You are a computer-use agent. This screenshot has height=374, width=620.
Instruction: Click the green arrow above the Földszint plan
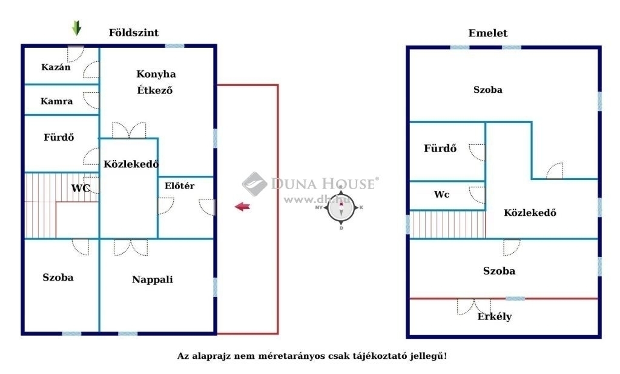click(77, 28)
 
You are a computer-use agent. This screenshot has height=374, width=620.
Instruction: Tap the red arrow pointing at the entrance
click(242, 206)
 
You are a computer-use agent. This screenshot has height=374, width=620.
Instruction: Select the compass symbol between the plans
click(341, 207)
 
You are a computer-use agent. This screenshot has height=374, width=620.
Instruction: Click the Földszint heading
click(134, 33)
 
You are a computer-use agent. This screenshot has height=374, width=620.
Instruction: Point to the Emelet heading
click(487, 33)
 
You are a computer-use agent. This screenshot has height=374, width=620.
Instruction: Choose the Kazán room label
click(56, 67)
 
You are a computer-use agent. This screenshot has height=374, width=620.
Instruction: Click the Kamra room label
click(56, 101)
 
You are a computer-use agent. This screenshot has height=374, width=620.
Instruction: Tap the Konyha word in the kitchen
click(156, 74)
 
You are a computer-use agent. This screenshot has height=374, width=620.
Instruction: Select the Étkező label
click(154, 90)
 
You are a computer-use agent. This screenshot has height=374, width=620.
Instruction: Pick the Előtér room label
click(179, 185)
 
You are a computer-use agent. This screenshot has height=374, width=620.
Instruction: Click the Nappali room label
click(152, 279)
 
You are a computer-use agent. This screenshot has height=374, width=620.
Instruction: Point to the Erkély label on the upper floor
click(494, 316)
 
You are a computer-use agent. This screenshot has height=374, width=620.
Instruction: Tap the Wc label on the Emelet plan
click(441, 195)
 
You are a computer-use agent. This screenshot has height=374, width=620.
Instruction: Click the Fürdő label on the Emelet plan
click(440, 149)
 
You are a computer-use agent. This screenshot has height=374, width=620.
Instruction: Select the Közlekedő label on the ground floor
click(131, 164)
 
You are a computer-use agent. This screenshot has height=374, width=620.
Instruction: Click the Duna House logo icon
click(255, 184)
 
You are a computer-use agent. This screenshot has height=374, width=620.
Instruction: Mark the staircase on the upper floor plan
click(447, 224)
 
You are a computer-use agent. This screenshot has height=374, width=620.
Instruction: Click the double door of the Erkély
click(473, 307)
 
